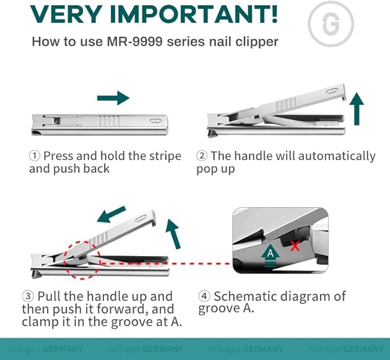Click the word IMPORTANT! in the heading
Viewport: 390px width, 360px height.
point(194,14)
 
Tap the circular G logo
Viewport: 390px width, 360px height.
point(331,24)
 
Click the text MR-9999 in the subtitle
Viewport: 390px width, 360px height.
point(134,41)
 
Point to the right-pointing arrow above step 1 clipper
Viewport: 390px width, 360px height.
point(113,98)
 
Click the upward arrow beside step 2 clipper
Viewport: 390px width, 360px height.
point(357,109)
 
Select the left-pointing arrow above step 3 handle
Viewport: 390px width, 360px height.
point(111,214)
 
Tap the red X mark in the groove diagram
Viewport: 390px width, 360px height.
point(295,246)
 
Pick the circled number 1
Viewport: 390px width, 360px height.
point(34,156)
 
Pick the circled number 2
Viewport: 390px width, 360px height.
point(202,156)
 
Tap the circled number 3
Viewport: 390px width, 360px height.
point(28,296)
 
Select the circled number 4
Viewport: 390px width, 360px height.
point(204,296)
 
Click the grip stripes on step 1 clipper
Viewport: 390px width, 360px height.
point(109,121)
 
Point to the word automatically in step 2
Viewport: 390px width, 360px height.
point(337,156)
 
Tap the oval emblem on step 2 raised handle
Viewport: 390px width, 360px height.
point(333,91)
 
